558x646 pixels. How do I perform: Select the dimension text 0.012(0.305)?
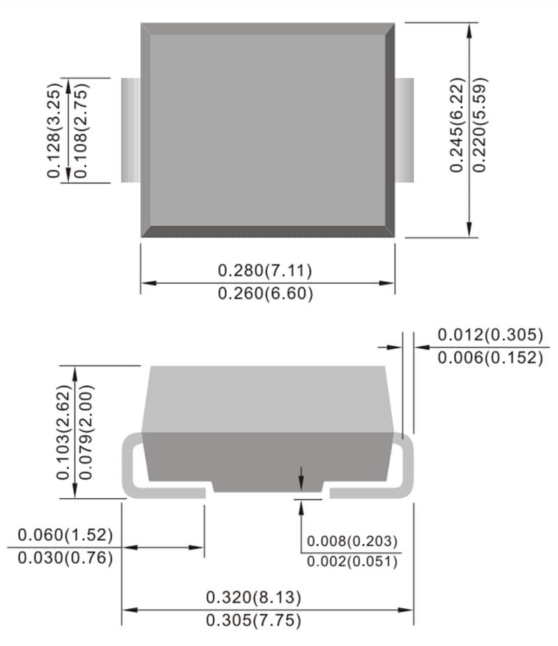(490, 335)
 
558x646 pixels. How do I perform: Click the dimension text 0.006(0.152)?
(490, 358)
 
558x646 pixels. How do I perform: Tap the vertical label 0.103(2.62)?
(64, 433)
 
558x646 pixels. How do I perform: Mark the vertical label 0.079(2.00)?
(86, 433)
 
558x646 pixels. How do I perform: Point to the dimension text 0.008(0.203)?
(352, 541)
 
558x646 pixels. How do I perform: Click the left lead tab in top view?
(130, 130)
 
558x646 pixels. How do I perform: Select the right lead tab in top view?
(405, 130)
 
